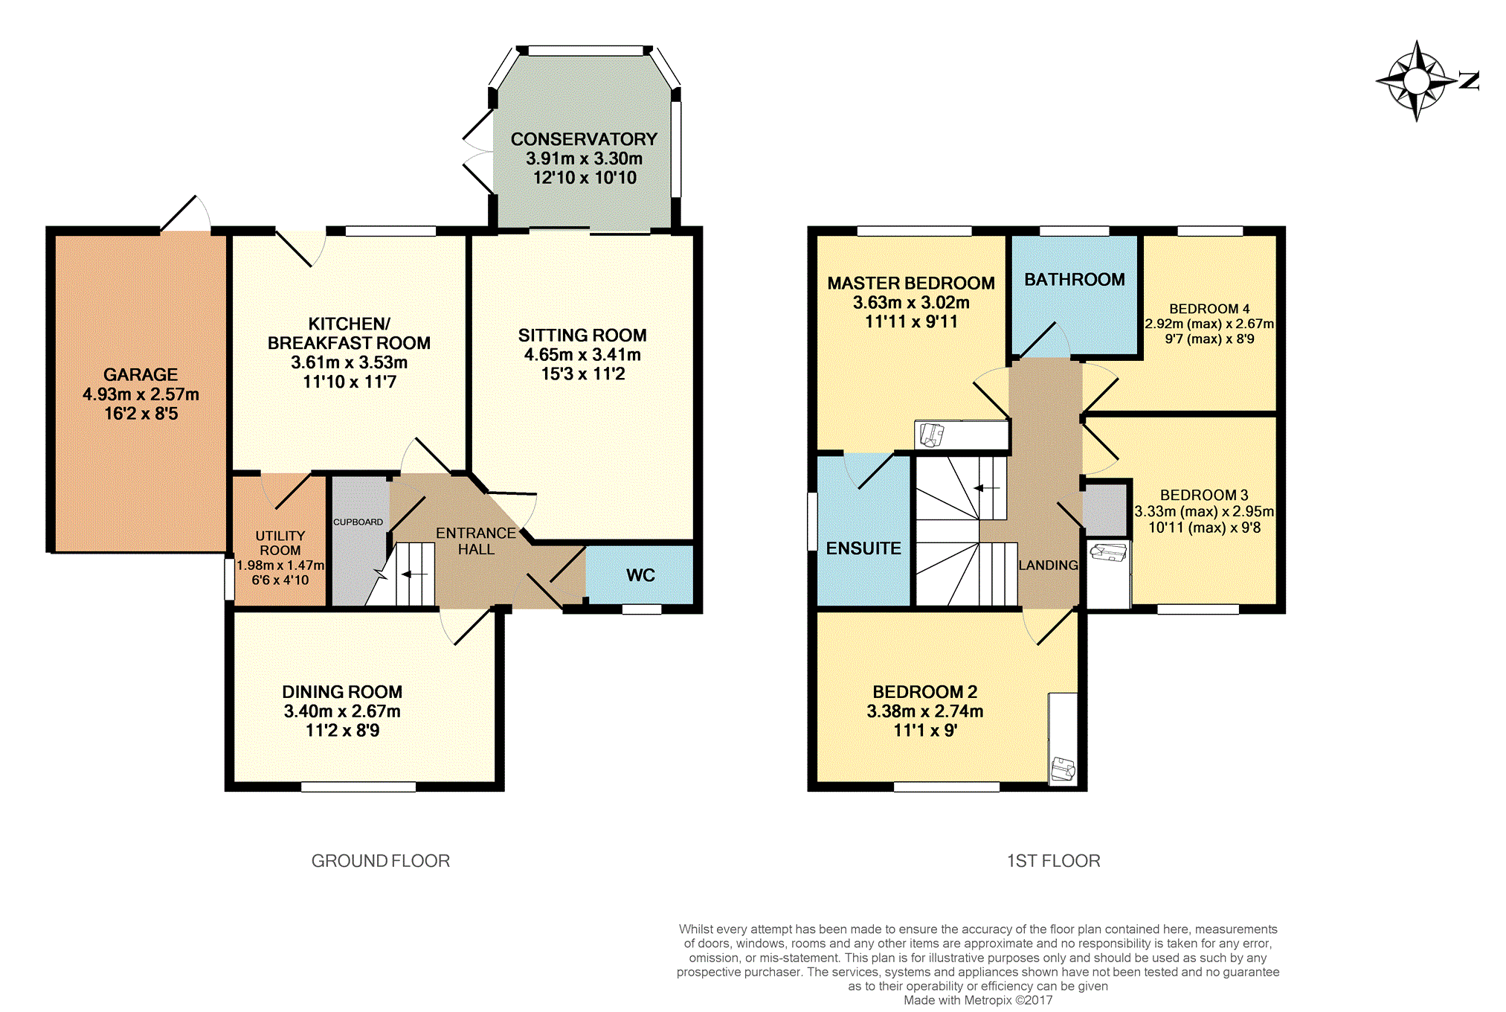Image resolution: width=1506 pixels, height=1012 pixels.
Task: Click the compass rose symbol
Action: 1417,81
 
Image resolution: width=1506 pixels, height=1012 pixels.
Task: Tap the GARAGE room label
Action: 141,375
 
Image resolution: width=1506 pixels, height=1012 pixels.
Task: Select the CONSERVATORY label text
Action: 584,139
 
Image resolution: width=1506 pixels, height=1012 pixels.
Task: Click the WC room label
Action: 640,575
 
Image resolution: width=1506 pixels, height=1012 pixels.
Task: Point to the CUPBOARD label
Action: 358,522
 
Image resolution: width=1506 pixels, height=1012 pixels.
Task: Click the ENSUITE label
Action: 863,548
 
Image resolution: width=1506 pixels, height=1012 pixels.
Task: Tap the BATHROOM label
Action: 1074,280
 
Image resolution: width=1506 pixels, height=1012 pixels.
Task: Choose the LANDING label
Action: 1048,566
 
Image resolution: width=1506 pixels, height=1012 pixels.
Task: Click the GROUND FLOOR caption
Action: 380,861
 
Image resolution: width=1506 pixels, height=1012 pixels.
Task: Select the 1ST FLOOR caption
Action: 1053,861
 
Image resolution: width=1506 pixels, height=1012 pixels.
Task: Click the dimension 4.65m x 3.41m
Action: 582,355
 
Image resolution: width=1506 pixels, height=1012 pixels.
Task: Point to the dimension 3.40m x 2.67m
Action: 342,711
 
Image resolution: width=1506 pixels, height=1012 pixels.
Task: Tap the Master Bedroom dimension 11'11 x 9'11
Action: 911,321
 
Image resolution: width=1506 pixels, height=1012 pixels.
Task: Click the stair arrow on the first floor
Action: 987,488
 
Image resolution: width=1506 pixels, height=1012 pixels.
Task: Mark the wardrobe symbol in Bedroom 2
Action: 1063,769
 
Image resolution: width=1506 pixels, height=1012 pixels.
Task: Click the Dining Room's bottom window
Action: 358,787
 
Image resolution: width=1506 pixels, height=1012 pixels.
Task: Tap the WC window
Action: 642,609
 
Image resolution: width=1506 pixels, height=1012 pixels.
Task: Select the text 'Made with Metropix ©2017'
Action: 978,1000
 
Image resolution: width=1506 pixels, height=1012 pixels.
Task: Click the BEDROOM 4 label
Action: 1209,309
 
